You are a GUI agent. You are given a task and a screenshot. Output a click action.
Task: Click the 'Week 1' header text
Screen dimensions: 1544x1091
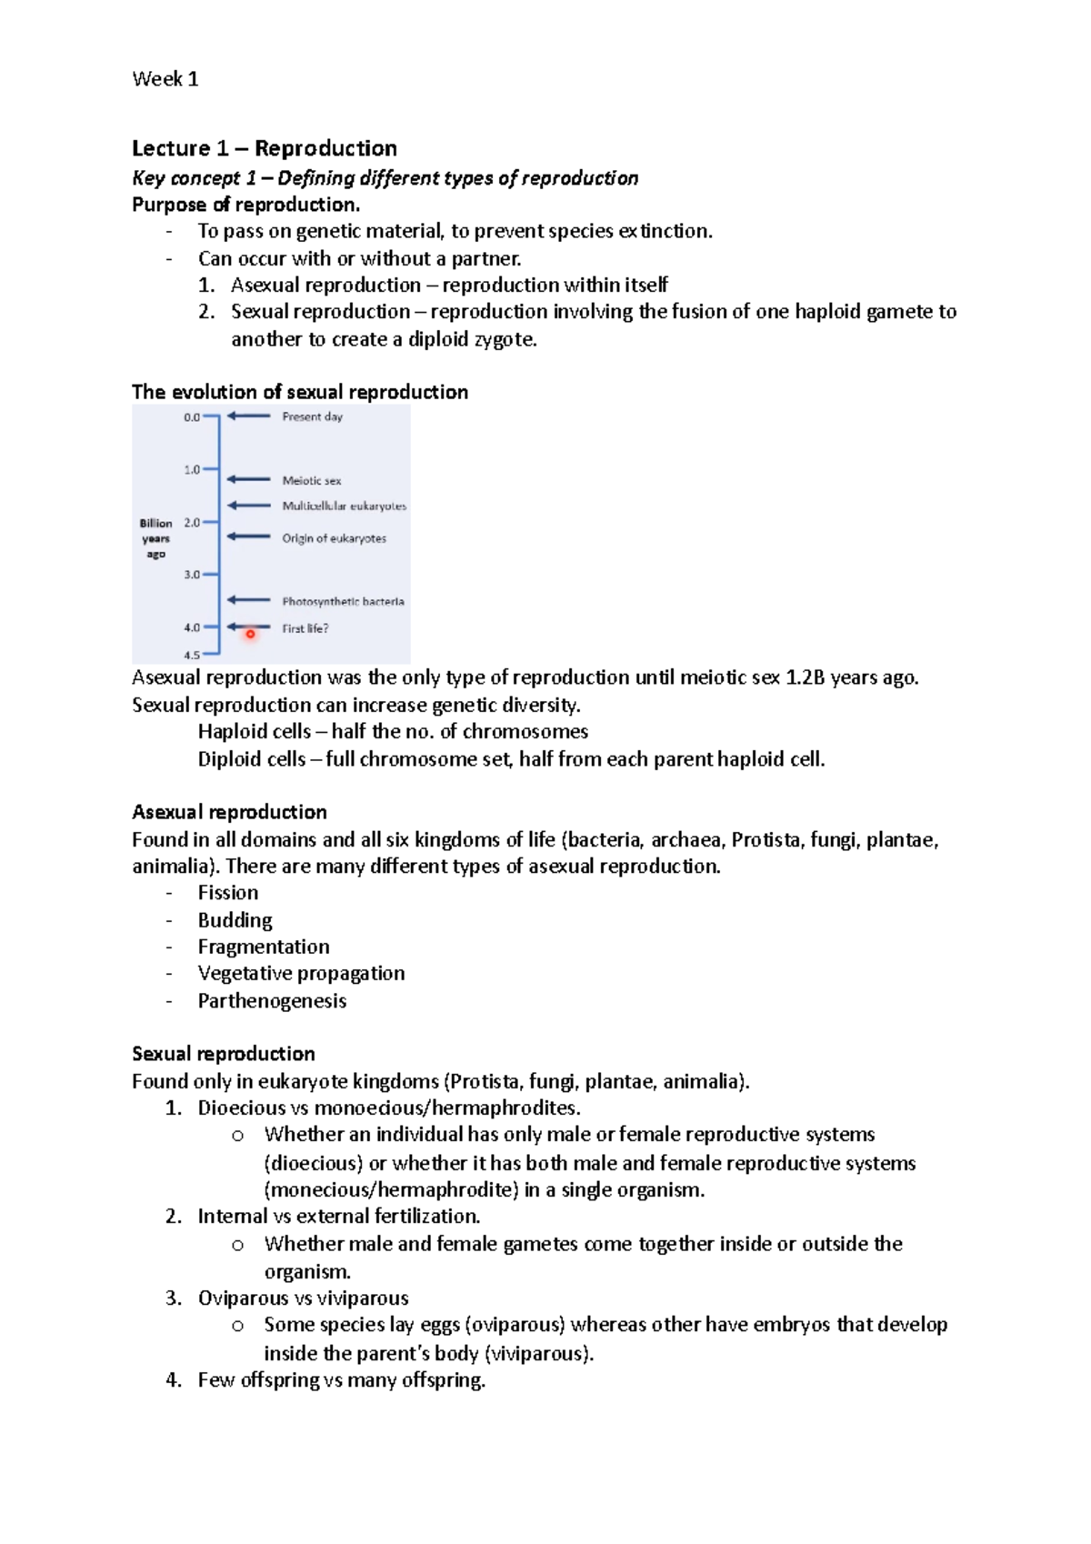tap(165, 79)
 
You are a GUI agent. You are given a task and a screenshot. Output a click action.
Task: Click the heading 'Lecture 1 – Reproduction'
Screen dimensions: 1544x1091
tap(264, 148)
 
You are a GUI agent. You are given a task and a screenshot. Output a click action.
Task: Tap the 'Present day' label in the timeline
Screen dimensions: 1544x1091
tap(312, 416)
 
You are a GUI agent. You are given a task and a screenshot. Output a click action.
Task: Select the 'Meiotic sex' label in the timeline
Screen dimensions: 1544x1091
tap(311, 480)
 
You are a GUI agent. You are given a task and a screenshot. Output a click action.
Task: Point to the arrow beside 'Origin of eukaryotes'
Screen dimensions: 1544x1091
tap(248, 536)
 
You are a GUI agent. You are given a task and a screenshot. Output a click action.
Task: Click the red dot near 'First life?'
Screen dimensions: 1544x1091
tap(250, 635)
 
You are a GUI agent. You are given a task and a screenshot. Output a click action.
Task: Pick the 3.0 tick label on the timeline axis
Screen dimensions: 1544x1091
tap(191, 575)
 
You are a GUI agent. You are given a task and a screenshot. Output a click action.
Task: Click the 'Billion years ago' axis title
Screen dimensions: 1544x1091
tap(155, 538)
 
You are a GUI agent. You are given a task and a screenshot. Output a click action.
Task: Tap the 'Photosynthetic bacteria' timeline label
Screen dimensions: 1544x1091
tap(343, 601)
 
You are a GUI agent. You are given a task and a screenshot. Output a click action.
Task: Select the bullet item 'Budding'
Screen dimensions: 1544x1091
tap(235, 920)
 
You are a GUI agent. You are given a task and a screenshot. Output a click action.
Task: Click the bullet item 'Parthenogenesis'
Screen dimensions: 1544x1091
tap(272, 1001)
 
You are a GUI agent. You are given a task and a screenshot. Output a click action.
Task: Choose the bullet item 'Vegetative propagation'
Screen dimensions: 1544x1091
tap(301, 974)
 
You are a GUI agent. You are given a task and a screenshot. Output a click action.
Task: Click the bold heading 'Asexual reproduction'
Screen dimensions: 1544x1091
tap(229, 812)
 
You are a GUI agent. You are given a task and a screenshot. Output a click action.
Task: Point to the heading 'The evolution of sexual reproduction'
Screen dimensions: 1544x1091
tap(300, 392)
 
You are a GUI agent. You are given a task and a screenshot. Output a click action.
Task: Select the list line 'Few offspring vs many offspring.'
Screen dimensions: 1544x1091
tap(341, 1380)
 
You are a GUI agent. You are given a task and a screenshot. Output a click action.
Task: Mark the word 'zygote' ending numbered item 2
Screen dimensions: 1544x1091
tap(504, 340)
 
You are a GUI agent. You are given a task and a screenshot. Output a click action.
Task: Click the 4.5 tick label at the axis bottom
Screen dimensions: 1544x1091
tap(191, 655)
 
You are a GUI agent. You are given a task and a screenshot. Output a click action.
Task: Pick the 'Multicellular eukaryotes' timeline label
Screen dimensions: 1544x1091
tap(344, 506)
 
